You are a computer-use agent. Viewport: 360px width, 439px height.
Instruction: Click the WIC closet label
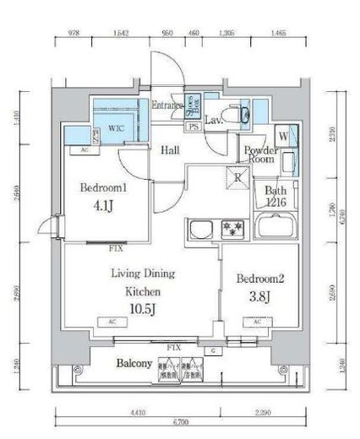point(116,129)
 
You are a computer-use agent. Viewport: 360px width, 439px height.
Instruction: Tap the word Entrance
point(167,106)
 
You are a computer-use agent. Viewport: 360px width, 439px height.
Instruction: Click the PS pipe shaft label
point(194,127)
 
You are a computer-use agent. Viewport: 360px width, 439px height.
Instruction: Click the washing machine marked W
point(283,136)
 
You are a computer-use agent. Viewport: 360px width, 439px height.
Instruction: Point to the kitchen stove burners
point(232,227)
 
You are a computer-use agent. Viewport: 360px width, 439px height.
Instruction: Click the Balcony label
point(134,365)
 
